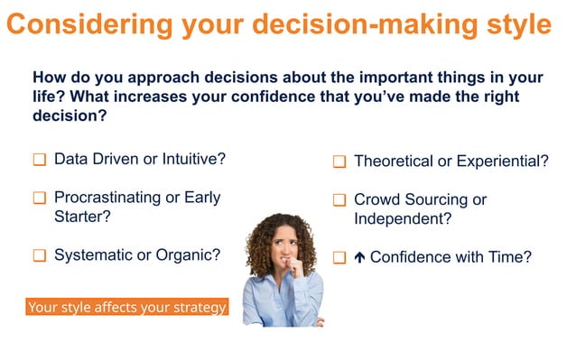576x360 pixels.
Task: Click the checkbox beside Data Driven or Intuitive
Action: (x=40, y=161)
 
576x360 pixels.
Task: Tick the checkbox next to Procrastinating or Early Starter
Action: (x=40, y=198)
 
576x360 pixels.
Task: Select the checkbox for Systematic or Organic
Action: (x=40, y=256)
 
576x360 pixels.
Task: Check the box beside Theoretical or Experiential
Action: (x=339, y=162)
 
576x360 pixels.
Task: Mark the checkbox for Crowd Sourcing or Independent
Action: (x=339, y=199)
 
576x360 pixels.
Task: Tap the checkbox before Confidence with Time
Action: (x=339, y=258)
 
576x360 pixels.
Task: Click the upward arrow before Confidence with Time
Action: (x=358, y=257)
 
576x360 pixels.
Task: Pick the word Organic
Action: (x=190, y=255)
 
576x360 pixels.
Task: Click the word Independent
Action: (x=402, y=218)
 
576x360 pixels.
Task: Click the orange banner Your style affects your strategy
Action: (x=126, y=308)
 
